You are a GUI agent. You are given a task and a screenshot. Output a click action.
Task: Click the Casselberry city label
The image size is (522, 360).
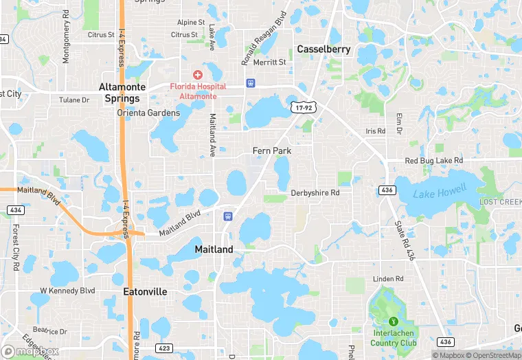(324, 49)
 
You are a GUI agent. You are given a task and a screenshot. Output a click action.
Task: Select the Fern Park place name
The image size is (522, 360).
(272, 150)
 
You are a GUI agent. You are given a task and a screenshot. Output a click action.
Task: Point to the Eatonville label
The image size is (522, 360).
(145, 291)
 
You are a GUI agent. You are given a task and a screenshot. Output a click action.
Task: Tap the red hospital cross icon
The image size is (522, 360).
(198, 74)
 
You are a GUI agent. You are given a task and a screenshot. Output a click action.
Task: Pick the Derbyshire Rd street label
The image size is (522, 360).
(315, 193)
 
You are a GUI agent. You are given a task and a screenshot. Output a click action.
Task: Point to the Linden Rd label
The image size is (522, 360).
(388, 278)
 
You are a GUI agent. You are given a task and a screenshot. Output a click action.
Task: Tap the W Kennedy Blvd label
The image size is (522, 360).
(67, 291)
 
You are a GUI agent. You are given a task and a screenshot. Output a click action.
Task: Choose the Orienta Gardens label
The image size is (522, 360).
(144, 113)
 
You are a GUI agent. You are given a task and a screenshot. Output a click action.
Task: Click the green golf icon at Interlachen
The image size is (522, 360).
(394, 321)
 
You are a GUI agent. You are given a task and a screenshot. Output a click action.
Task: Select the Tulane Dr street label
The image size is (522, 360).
(74, 100)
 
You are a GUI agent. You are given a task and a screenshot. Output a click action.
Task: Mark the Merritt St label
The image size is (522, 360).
(270, 62)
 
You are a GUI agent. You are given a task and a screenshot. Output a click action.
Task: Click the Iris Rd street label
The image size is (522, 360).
(376, 131)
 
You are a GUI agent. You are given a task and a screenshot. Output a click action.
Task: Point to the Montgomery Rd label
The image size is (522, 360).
(66, 36)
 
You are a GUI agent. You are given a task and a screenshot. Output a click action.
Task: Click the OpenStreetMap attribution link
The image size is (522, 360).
(495, 355)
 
